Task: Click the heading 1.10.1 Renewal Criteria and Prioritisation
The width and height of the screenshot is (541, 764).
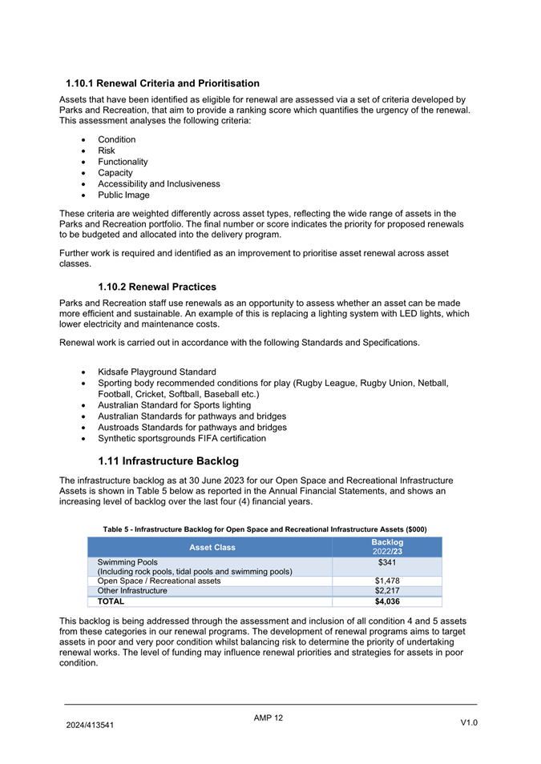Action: (162, 83)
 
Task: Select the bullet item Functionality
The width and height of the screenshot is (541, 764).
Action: (123, 162)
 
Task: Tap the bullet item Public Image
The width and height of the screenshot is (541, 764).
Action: (123, 195)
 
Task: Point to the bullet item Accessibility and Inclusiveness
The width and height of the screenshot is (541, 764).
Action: (159, 183)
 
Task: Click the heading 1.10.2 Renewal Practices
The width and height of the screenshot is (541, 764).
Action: (157, 287)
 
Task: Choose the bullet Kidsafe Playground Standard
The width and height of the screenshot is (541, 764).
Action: (156, 372)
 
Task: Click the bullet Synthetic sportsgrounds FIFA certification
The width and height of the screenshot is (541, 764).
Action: (182, 438)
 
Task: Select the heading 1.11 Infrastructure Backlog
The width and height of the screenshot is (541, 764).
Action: (168, 461)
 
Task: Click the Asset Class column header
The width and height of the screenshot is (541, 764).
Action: (212, 547)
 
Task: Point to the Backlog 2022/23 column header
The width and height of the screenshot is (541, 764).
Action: (387, 547)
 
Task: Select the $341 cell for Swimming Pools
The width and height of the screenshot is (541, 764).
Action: (387, 562)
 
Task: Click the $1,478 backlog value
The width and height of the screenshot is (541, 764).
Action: (387, 581)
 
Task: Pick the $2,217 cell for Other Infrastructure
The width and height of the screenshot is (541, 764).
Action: (387, 591)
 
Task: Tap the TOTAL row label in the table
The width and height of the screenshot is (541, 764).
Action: (111, 601)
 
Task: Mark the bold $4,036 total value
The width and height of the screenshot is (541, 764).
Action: (387, 601)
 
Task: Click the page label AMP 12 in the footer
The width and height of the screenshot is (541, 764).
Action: (268, 718)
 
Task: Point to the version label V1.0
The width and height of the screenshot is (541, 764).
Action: (469, 723)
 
